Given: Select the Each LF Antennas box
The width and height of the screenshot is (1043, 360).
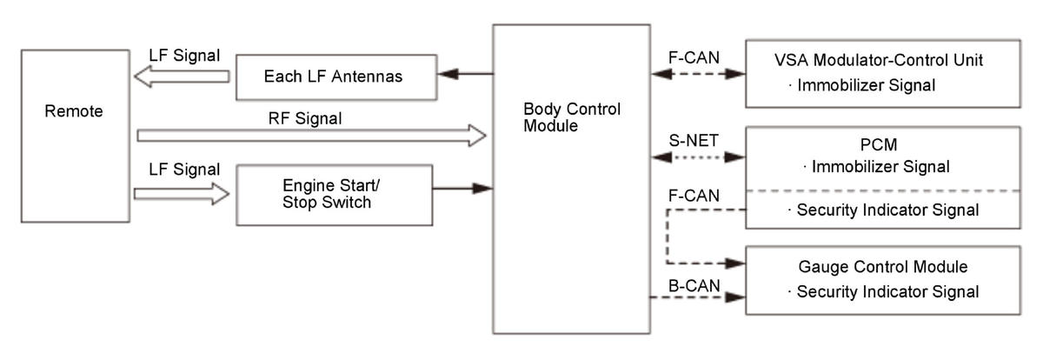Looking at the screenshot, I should (x=333, y=77).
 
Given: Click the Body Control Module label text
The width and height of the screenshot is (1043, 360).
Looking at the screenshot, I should (x=571, y=118).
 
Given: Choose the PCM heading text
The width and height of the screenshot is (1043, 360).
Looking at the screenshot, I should (x=881, y=143).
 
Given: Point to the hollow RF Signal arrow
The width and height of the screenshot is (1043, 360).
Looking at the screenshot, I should (x=311, y=135).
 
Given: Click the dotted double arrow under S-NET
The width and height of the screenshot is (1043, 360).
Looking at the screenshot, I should (x=698, y=158).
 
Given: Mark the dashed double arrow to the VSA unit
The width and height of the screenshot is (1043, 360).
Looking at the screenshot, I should (x=698, y=76).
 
